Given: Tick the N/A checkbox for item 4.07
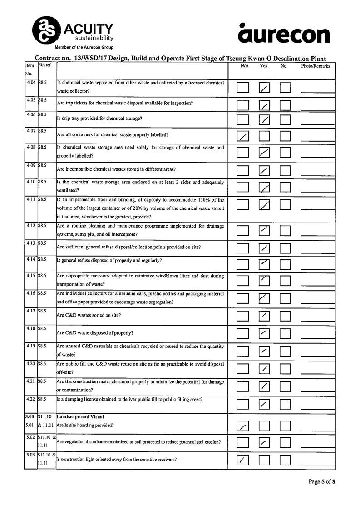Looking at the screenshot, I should coord(243,135).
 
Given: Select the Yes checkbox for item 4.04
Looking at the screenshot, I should coord(264,88).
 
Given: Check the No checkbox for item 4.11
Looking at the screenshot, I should coord(285,205).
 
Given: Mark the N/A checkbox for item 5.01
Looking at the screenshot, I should coord(243,426).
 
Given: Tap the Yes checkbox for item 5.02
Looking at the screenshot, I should coord(264,443).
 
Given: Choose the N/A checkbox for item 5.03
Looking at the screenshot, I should coord(243,460).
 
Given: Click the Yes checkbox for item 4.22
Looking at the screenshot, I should coord(264,404).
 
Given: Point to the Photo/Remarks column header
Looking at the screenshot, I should coord(316,66).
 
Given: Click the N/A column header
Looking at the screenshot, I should coord(244,66).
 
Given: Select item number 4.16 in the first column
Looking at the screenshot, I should coord(31,294).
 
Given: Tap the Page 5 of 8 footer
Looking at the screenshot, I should coord(321,481).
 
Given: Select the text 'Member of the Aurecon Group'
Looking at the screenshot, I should coord(84,47).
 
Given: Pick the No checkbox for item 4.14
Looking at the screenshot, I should coord(285,263).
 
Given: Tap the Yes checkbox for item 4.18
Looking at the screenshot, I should coord(264,333).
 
